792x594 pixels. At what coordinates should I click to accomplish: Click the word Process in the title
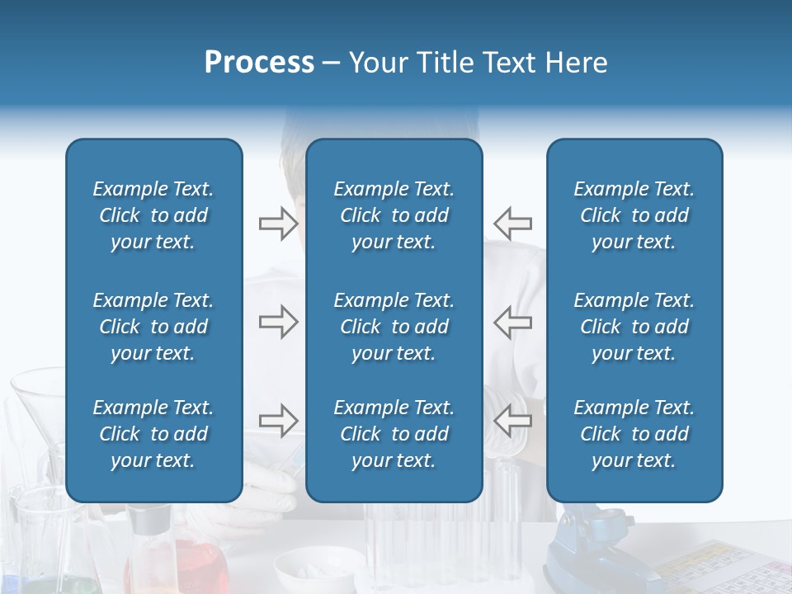click(259, 63)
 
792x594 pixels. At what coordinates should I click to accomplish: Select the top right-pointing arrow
click(278, 223)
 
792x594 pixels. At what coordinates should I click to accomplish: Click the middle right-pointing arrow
click(278, 322)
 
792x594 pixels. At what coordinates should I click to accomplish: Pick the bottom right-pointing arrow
click(278, 420)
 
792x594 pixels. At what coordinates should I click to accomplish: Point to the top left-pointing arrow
click(512, 223)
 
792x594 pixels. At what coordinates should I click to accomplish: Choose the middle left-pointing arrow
click(512, 322)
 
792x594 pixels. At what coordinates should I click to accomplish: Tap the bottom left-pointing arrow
click(512, 420)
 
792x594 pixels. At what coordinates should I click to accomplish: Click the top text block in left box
click(153, 215)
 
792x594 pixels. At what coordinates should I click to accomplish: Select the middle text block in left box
click(153, 327)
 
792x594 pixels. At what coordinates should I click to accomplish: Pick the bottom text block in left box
click(153, 434)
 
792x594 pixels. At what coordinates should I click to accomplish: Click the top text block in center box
click(394, 215)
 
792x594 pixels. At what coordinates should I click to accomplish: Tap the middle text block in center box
click(394, 327)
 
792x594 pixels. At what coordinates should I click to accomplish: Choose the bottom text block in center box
click(394, 434)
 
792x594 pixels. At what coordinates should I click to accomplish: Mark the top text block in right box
click(634, 215)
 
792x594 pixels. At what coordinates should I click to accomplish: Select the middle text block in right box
click(634, 327)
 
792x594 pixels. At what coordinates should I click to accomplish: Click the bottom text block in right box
click(634, 434)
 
